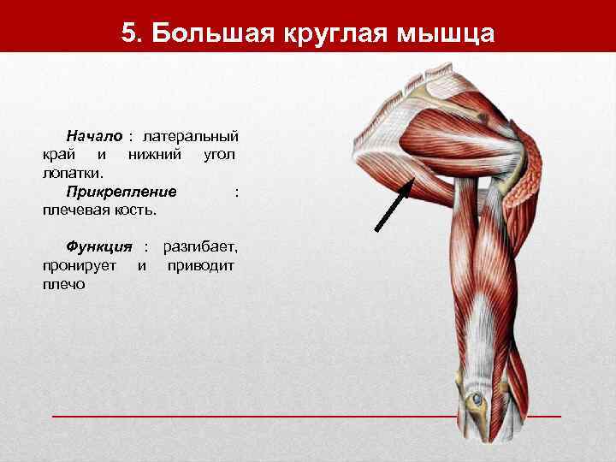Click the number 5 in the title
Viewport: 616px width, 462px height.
coord(129,33)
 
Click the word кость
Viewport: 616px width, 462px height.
coord(138,210)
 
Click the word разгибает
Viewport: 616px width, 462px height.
coord(201,246)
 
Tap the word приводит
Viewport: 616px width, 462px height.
coord(202,265)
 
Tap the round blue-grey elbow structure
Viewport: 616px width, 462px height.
coord(475,399)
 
